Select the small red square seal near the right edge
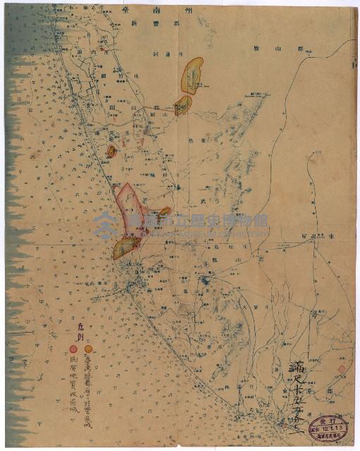click(x=342, y=369)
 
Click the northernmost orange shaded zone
click(x=192, y=75)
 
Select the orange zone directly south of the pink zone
click(x=127, y=247)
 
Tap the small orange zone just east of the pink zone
click(x=164, y=211)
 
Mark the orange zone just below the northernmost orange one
click(x=182, y=106)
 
